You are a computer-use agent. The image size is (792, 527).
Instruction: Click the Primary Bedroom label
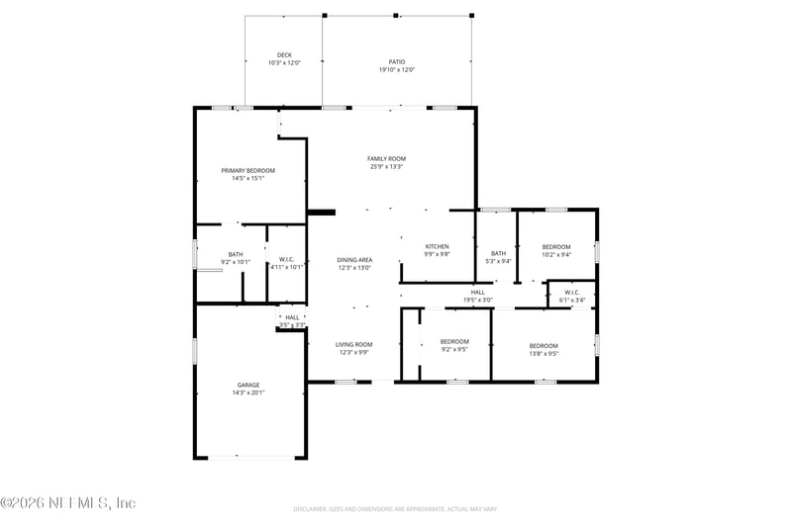coord(247,171)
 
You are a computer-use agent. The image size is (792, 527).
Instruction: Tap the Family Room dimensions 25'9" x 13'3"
coord(386,167)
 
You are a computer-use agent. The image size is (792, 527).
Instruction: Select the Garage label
coord(247,385)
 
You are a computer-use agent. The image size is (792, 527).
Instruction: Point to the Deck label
coord(284,55)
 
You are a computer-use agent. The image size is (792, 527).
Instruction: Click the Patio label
coord(396,61)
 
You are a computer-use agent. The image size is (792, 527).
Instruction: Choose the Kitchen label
coord(437,246)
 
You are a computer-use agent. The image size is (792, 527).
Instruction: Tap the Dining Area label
coord(354,260)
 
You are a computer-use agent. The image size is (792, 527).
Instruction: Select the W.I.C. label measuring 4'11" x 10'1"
coord(286,259)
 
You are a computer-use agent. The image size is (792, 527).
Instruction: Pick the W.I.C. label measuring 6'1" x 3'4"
coord(572,292)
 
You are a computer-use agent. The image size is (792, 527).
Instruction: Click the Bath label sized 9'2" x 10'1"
coord(236,254)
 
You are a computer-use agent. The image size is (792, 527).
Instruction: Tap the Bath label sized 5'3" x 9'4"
coord(498,253)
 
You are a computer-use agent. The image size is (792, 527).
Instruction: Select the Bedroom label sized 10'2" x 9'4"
coord(556,246)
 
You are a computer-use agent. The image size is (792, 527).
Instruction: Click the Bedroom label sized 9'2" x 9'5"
coord(454,341)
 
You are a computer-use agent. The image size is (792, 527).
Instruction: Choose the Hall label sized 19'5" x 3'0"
coord(477,292)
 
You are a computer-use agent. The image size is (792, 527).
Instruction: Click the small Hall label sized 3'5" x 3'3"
coord(292,317)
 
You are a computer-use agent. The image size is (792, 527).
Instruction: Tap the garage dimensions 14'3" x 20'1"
coord(247,393)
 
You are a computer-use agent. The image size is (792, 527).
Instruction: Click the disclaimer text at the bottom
coord(395,509)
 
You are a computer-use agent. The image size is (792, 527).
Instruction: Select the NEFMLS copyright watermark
coord(68,503)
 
